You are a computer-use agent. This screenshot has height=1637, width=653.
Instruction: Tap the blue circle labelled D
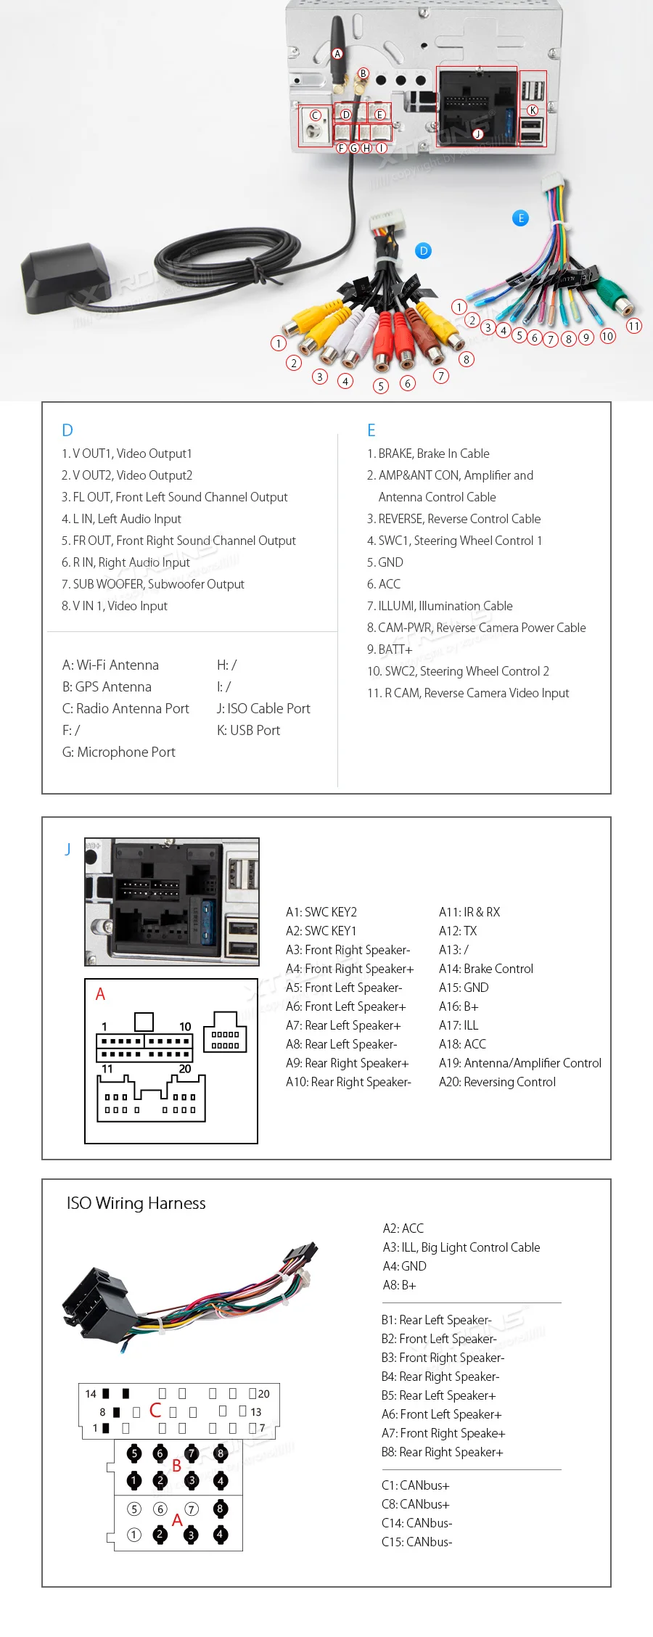coord(424,251)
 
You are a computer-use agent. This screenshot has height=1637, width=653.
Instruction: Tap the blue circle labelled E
coord(520,218)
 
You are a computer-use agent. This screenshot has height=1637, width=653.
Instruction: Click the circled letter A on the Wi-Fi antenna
coord(337,54)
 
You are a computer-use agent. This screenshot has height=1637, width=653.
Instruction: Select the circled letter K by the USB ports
coord(533,110)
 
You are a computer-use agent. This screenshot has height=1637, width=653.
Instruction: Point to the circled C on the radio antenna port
coord(315,115)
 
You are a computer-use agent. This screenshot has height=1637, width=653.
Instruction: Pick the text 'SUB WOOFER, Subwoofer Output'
coord(158,584)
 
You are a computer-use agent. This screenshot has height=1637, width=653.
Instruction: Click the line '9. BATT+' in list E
coord(390,649)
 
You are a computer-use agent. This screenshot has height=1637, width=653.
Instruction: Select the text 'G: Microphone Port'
coord(119,752)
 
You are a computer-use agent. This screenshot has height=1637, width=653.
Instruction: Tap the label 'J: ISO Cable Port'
coord(263,709)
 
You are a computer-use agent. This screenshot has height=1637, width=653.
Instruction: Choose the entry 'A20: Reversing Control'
coord(497,1082)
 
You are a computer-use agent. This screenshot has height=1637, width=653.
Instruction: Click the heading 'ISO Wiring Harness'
coord(136,1203)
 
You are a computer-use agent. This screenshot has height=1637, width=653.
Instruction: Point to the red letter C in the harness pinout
coord(155,1410)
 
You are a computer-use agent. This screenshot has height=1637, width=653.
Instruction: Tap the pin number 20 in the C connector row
coord(263,1394)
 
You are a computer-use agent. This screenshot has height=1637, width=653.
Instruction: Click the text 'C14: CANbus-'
coord(416,1523)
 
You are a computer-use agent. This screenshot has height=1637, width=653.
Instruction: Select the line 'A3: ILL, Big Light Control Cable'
coord(461,1247)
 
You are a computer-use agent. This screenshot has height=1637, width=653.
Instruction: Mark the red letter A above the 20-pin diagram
coord(100,994)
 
